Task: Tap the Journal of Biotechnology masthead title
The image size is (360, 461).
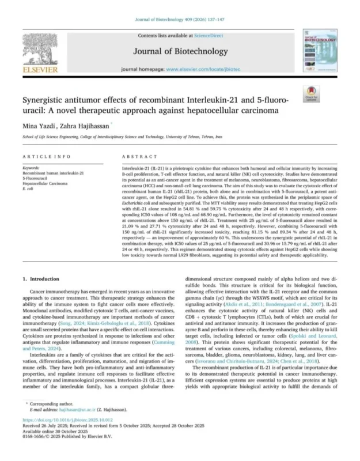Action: click(180, 51)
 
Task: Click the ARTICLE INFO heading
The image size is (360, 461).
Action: click(43, 157)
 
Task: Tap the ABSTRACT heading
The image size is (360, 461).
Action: click(139, 157)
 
